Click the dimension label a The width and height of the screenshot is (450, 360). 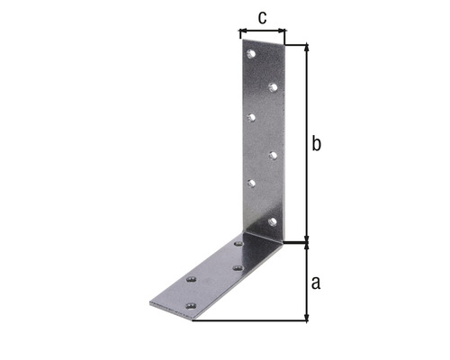315,283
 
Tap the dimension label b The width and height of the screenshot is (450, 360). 316,144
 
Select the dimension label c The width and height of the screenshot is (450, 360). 261,17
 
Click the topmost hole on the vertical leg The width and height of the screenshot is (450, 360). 253,56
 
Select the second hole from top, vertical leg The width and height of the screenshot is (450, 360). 272,87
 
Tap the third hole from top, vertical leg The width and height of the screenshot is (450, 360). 253,117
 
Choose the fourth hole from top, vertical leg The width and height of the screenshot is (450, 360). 272,155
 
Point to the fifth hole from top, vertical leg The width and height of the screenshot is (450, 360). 252,184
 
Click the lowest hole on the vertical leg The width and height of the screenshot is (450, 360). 272,220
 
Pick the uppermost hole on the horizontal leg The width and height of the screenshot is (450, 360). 238,243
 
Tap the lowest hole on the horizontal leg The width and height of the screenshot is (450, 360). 190,306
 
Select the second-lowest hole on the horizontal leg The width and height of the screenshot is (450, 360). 191,280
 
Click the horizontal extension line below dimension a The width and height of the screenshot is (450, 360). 252,321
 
